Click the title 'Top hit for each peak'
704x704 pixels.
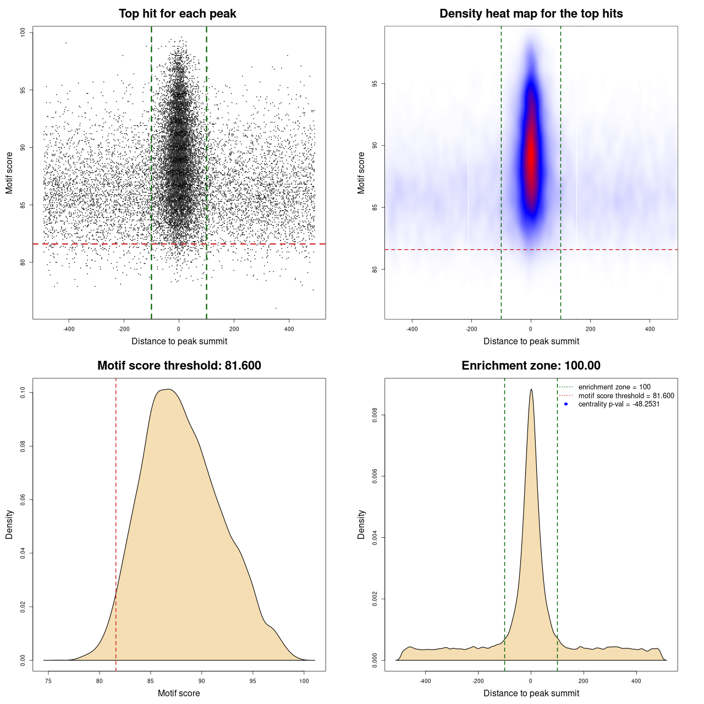pyautogui.click(x=177, y=14)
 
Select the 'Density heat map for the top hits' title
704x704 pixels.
pyautogui.click(x=531, y=14)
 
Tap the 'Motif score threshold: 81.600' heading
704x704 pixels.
pyautogui.click(x=179, y=366)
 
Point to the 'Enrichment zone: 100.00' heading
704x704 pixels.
pyautogui.click(x=531, y=366)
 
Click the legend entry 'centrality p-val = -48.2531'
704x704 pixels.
pyautogui.click(x=619, y=404)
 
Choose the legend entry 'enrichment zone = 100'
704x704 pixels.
pyautogui.click(x=614, y=387)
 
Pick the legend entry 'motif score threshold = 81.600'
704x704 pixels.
pyautogui.click(x=626, y=396)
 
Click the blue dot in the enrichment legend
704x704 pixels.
pyautogui.click(x=566, y=404)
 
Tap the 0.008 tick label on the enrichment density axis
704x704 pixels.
pyautogui.click(x=375, y=415)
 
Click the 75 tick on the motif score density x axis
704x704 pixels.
pyautogui.click(x=48, y=681)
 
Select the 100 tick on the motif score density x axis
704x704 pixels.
pyautogui.click(x=304, y=681)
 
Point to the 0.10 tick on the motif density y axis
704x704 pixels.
pyautogui.click(x=23, y=392)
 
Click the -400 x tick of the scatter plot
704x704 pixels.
pyautogui.click(x=69, y=329)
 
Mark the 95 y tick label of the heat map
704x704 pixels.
pyautogui.click(x=375, y=84)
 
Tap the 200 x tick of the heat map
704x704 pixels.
pyautogui.click(x=590, y=329)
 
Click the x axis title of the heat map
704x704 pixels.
pyautogui.click(x=531, y=342)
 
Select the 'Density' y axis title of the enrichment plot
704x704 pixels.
pyautogui.click(x=361, y=524)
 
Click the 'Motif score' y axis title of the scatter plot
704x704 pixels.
pyautogui.click(x=9, y=173)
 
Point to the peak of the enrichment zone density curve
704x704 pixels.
pyautogui.click(x=531, y=390)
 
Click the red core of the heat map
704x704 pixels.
pyautogui.click(x=531, y=157)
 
